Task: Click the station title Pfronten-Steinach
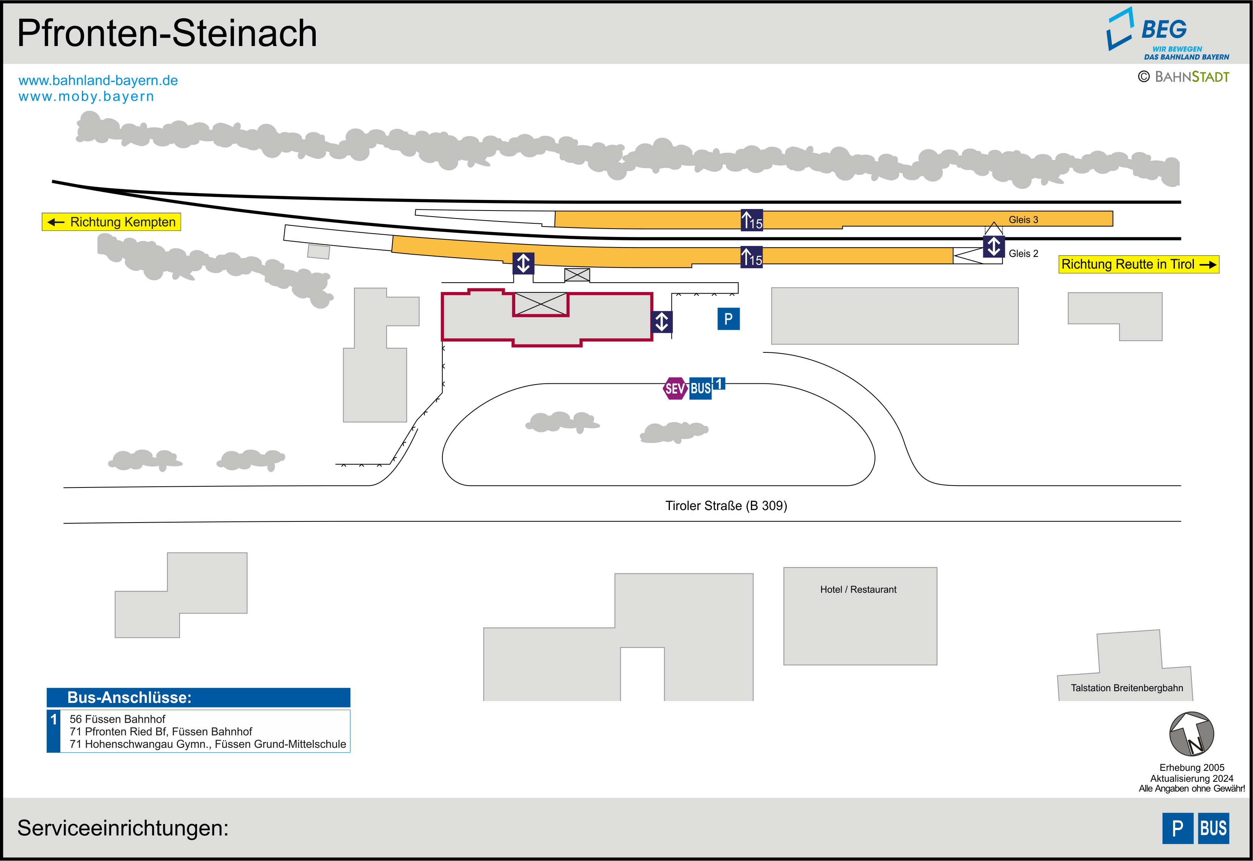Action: pyautogui.click(x=167, y=34)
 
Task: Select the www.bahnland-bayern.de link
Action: pyautogui.click(x=98, y=80)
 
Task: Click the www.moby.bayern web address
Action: pyautogui.click(x=86, y=97)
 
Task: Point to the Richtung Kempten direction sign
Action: pyautogui.click(x=112, y=222)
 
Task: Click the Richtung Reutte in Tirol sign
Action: pyautogui.click(x=1138, y=264)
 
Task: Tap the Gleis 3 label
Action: pyautogui.click(x=1023, y=220)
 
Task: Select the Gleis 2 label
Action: pyautogui.click(x=1023, y=254)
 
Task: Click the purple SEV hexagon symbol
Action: pyautogui.click(x=674, y=388)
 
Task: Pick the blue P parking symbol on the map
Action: pyautogui.click(x=728, y=319)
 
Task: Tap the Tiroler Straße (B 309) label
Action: pyautogui.click(x=726, y=506)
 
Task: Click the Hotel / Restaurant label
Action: pyautogui.click(x=858, y=590)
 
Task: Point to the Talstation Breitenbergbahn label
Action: pyautogui.click(x=1126, y=688)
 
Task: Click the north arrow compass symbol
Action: pyautogui.click(x=1191, y=734)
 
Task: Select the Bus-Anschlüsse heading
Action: pyautogui.click(x=129, y=698)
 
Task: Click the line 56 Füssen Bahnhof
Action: pyautogui.click(x=118, y=719)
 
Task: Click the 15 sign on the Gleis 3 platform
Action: pyautogui.click(x=752, y=220)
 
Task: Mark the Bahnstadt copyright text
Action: pyautogui.click(x=1184, y=77)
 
